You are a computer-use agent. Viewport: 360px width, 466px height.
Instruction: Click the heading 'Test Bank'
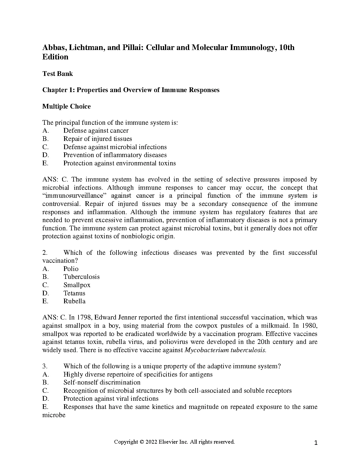click(58, 74)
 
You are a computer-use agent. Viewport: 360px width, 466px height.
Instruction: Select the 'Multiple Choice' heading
click(66, 106)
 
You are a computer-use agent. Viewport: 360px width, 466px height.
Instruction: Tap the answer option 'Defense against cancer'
click(96, 131)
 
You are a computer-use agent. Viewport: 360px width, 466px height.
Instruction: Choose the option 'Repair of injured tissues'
click(98, 139)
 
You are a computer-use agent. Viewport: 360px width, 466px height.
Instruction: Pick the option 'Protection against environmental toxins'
click(119, 163)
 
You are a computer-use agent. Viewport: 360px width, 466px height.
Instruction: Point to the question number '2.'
click(45, 253)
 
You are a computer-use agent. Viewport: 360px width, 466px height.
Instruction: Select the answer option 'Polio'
click(71, 269)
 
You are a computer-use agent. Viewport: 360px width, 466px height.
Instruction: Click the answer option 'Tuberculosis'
click(81, 277)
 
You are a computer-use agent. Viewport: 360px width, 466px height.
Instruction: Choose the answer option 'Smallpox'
click(77, 285)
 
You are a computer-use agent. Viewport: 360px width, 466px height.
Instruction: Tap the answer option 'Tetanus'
click(74, 293)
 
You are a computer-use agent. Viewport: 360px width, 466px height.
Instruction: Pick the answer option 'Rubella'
click(74, 301)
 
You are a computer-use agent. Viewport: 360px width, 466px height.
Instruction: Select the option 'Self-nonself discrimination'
click(102, 382)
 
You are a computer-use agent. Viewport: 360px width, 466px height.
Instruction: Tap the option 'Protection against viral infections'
click(111, 399)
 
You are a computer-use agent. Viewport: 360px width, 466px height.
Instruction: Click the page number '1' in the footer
click(316, 443)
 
